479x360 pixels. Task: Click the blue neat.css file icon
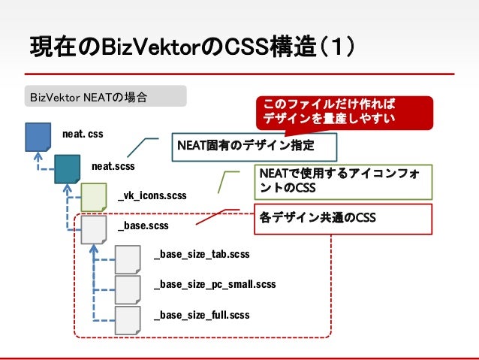[38, 138]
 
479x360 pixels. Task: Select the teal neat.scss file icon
[67, 168]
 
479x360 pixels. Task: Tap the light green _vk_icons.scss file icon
[94, 196]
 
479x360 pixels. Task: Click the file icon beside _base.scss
[94, 227]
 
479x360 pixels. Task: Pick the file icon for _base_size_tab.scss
[128, 256]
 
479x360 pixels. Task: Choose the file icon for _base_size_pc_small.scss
[128, 286]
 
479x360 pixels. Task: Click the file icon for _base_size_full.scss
[128, 316]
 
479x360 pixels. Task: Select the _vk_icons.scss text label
[152, 195]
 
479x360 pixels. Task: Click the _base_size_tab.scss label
[201, 255]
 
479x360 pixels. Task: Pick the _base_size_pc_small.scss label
[215, 285]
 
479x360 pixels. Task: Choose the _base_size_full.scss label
[201, 315]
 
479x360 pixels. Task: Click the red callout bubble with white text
[331, 110]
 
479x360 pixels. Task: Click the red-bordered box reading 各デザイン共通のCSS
[344, 218]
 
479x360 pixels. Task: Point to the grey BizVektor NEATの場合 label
[105, 96]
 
